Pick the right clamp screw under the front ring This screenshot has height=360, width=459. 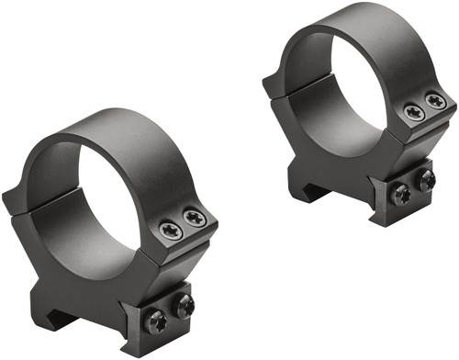[184, 306]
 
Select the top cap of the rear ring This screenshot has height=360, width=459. [349, 28]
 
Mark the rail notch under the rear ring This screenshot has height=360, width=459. [308, 188]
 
